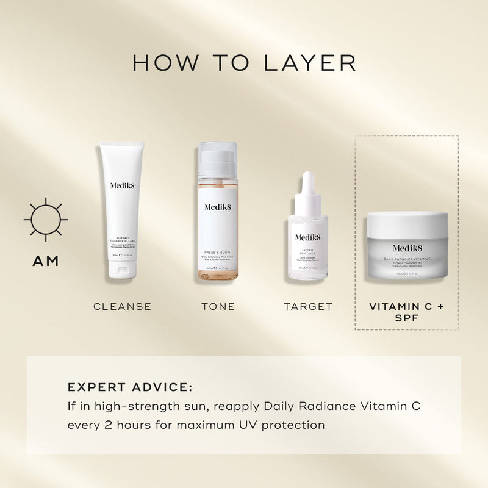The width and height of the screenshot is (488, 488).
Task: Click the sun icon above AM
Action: point(46,219)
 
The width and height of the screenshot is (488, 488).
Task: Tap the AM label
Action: point(46,261)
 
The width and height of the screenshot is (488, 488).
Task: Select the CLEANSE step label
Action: point(122,306)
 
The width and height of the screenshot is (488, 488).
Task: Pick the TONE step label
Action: point(218,306)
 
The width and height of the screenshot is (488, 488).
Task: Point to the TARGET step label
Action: point(308,306)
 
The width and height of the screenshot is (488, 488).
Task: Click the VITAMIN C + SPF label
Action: point(407,312)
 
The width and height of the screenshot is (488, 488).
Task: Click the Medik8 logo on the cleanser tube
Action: point(122,186)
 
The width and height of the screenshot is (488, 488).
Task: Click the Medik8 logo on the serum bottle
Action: point(308,238)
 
